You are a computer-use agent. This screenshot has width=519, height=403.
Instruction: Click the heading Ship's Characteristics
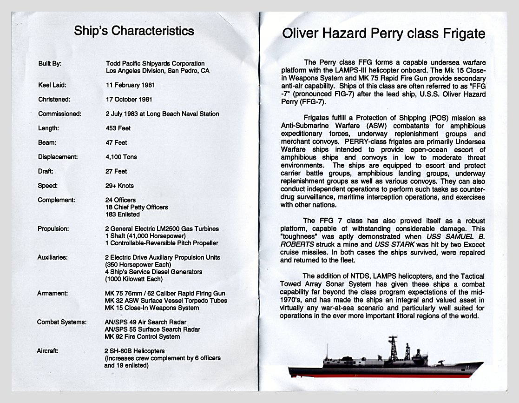point(134,32)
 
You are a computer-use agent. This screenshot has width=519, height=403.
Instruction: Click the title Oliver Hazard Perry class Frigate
point(384,34)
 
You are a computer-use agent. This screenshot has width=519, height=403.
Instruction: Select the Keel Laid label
point(52,85)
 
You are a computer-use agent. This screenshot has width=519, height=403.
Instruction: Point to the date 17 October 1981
point(129,100)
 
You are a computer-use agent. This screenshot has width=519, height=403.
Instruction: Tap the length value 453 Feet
point(118,128)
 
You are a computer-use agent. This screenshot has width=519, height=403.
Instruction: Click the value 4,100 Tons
point(121,157)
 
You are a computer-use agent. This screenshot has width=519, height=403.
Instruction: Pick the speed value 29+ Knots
point(120,186)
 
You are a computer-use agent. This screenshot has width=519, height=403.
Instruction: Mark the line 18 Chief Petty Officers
point(137,207)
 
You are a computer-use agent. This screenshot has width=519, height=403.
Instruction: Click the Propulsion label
point(53,229)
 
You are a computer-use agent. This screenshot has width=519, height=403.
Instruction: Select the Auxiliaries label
point(53,257)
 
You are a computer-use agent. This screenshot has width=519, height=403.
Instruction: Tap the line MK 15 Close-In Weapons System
point(152,308)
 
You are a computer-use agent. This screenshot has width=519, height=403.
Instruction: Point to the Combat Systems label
point(61,322)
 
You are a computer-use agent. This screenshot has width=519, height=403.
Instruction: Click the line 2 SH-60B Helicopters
point(135,351)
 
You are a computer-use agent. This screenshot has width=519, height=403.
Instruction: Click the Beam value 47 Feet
point(116,142)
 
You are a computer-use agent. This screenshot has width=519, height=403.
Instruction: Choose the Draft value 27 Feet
point(116,171)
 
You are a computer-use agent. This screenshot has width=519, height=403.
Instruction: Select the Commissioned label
point(59,114)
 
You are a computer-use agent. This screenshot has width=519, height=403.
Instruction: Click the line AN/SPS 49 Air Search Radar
point(145,322)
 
